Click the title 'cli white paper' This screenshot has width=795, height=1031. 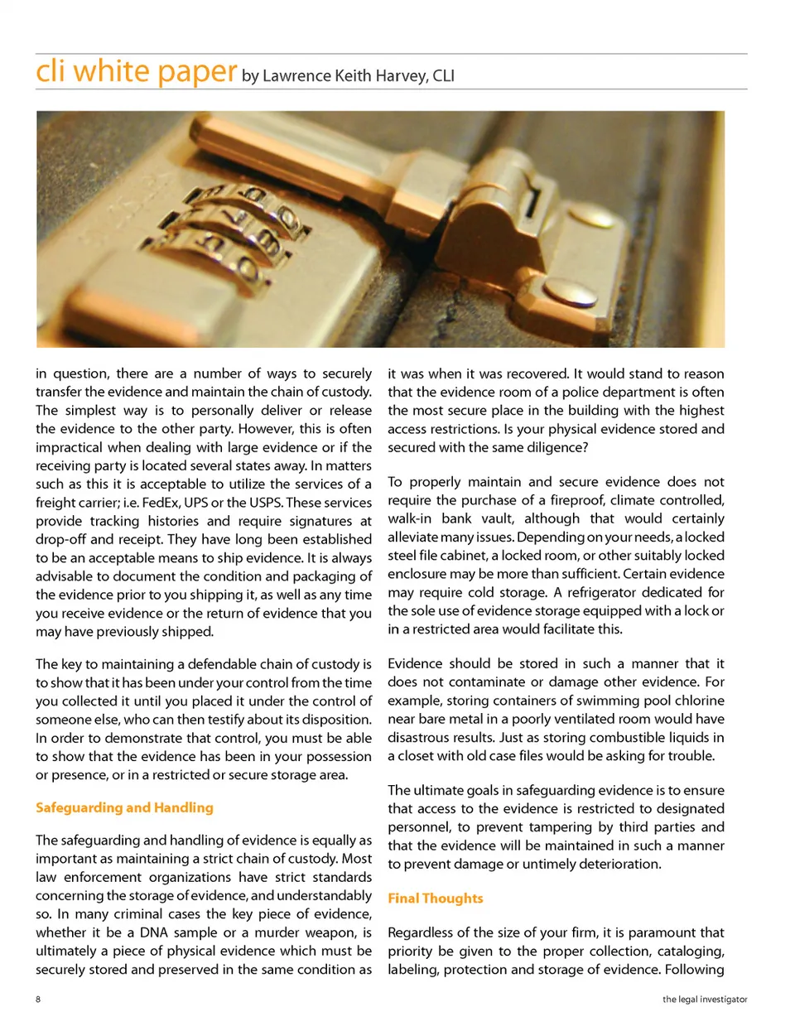[x=137, y=71]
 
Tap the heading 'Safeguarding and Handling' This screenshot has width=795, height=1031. [x=124, y=807]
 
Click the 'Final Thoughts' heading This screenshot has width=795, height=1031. [x=435, y=899]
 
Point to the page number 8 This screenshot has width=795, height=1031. [x=38, y=1000]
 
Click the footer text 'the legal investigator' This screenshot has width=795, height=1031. [x=704, y=1000]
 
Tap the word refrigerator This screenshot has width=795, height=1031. [x=614, y=592]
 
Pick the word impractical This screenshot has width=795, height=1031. [x=75, y=447]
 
